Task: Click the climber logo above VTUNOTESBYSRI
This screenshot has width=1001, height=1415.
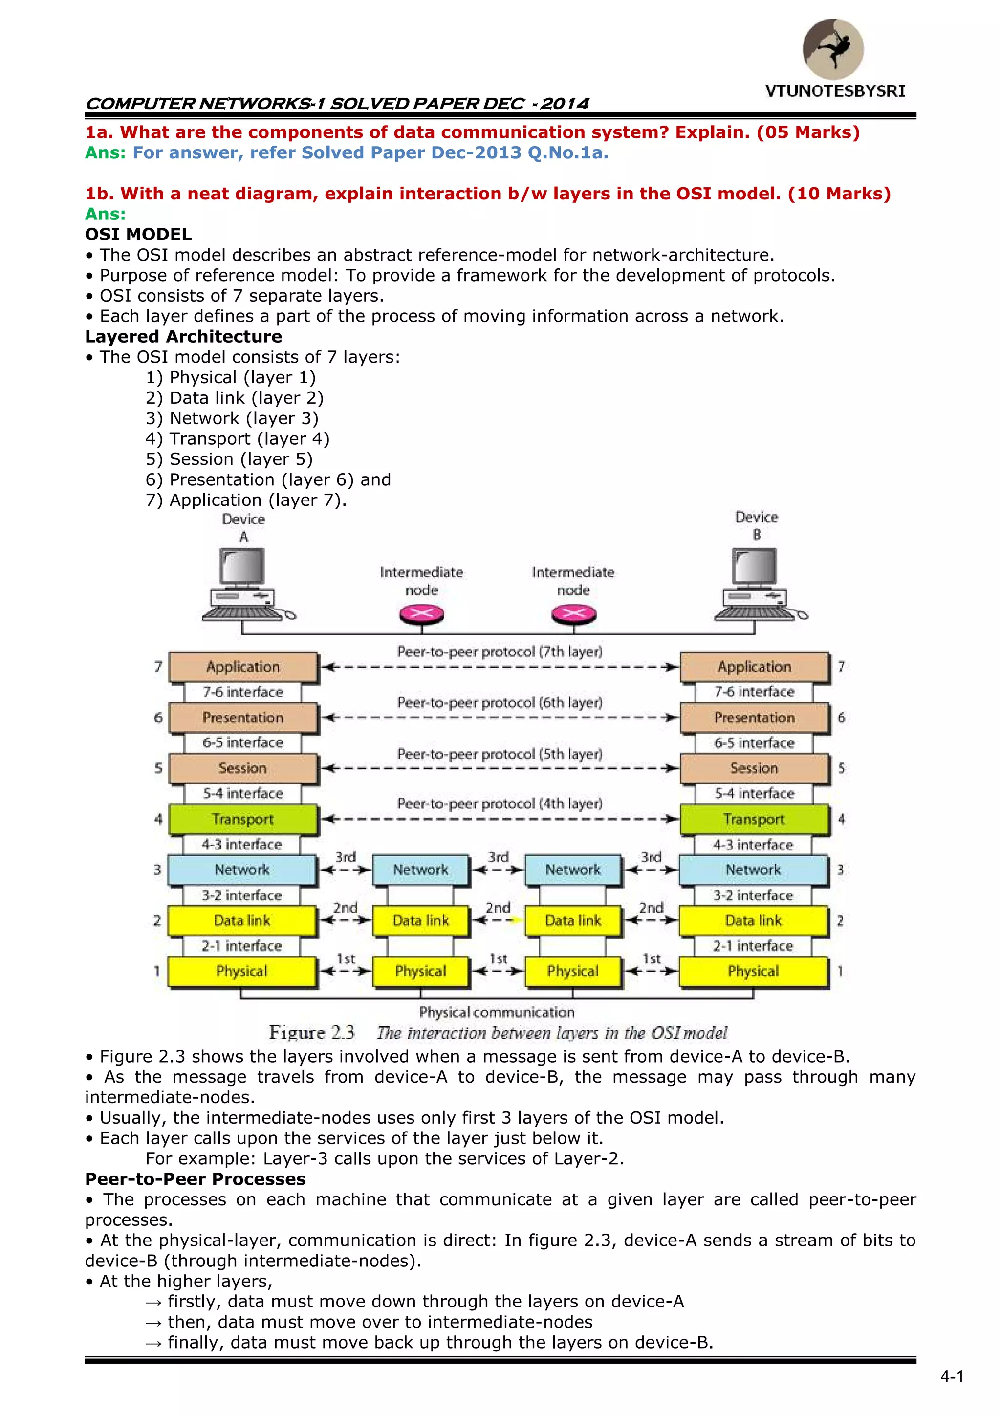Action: tap(833, 49)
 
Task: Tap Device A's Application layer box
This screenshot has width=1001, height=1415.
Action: tap(243, 667)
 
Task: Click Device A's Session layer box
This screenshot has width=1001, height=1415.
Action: tap(243, 768)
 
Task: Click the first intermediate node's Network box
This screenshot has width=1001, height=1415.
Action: tap(421, 870)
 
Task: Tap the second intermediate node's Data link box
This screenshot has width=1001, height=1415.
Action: tap(573, 921)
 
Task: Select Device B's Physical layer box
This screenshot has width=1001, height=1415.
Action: tap(753, 971)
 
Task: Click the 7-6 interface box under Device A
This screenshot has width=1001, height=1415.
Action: tap(243, 692)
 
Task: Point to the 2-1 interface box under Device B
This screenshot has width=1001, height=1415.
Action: tap(753, 946)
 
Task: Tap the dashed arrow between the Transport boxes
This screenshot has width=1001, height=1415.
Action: tap(499, 819)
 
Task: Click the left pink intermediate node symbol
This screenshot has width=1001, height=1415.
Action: tap(422, 614)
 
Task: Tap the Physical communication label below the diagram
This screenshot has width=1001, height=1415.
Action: tap(497, 1012)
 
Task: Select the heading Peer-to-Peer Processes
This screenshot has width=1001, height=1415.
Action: tap(196, 1179)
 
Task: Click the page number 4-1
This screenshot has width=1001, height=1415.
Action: tap(952, 1376)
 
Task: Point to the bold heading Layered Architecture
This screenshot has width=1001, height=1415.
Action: tap(184, 336)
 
